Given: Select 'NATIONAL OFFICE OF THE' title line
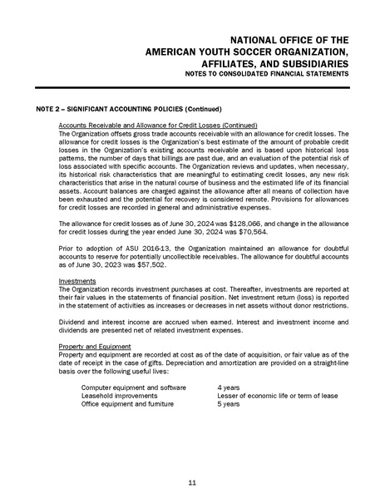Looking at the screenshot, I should [x=289, y=38].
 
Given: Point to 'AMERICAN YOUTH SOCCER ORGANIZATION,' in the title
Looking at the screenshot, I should [x=247, y=51].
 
